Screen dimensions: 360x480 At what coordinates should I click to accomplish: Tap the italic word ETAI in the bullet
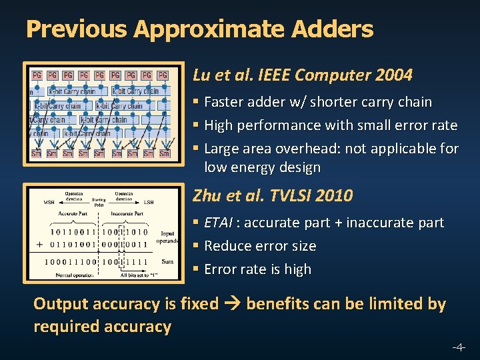pos(219,223)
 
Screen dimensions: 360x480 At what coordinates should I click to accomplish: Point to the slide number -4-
pos(459,347)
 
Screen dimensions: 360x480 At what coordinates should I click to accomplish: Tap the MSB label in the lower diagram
pos(49,202)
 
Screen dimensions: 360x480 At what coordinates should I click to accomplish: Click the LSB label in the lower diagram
pos(149,202)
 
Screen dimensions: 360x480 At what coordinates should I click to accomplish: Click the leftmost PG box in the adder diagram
pos(37,75)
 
